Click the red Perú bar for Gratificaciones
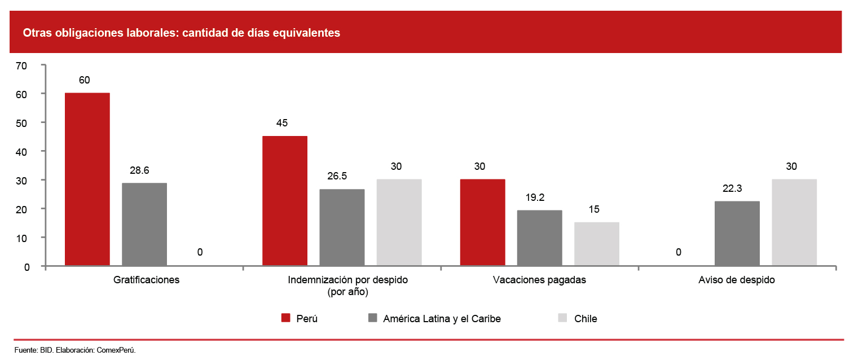[x=87, y=179]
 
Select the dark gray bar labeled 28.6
[x=144, y=224]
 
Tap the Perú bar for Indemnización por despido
[x=285, y=200]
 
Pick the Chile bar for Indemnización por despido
[x=399, y=222]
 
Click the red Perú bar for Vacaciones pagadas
[x=482, y=222]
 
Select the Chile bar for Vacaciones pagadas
[x=597, y=244]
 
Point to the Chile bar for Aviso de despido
[x=794, y=222]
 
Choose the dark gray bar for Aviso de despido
[x=737, y=233]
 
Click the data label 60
[x=84, y=80]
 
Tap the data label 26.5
[x=337, y=177]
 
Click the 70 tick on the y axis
[x=21, y=65]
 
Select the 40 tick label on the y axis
[x=21, y=152]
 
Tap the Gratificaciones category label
[x=146, y=280]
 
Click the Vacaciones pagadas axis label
[x=539, y=280]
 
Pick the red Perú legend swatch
[x=286, y=318]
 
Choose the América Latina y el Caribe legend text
[x=442, y=319]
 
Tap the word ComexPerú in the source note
[x=116, y=350]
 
